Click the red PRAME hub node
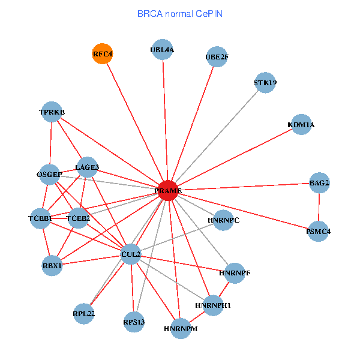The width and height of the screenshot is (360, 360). click(168, 191)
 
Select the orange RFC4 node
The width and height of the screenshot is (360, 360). click(103, 54)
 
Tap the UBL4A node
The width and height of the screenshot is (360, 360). click(162, 50)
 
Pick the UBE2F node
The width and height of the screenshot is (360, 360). click(217, 57)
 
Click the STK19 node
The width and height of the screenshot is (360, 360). click(265, 83)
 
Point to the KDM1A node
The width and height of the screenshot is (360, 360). click(301, 125)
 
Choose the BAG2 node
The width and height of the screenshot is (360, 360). click(319, 182)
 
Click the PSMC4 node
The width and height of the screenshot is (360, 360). click(318, 231)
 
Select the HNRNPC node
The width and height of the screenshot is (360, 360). click(223, 220)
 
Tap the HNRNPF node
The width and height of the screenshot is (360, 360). click(235, 273)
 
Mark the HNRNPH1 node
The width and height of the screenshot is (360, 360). click(213, 305)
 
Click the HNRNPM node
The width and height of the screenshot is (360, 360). click(181, 329)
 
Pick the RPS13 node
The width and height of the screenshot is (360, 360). click(134, 322)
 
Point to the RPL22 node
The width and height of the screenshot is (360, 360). click(84, 313)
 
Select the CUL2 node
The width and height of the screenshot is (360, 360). click(131, 254)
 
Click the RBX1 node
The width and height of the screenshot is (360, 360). click(52, 265)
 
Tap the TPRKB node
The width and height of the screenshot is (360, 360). click(52, 112)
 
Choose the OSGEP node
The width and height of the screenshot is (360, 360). click(49, 175)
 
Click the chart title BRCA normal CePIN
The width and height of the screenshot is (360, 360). click(180, 13)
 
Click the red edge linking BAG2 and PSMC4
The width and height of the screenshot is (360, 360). click(319, 207)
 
